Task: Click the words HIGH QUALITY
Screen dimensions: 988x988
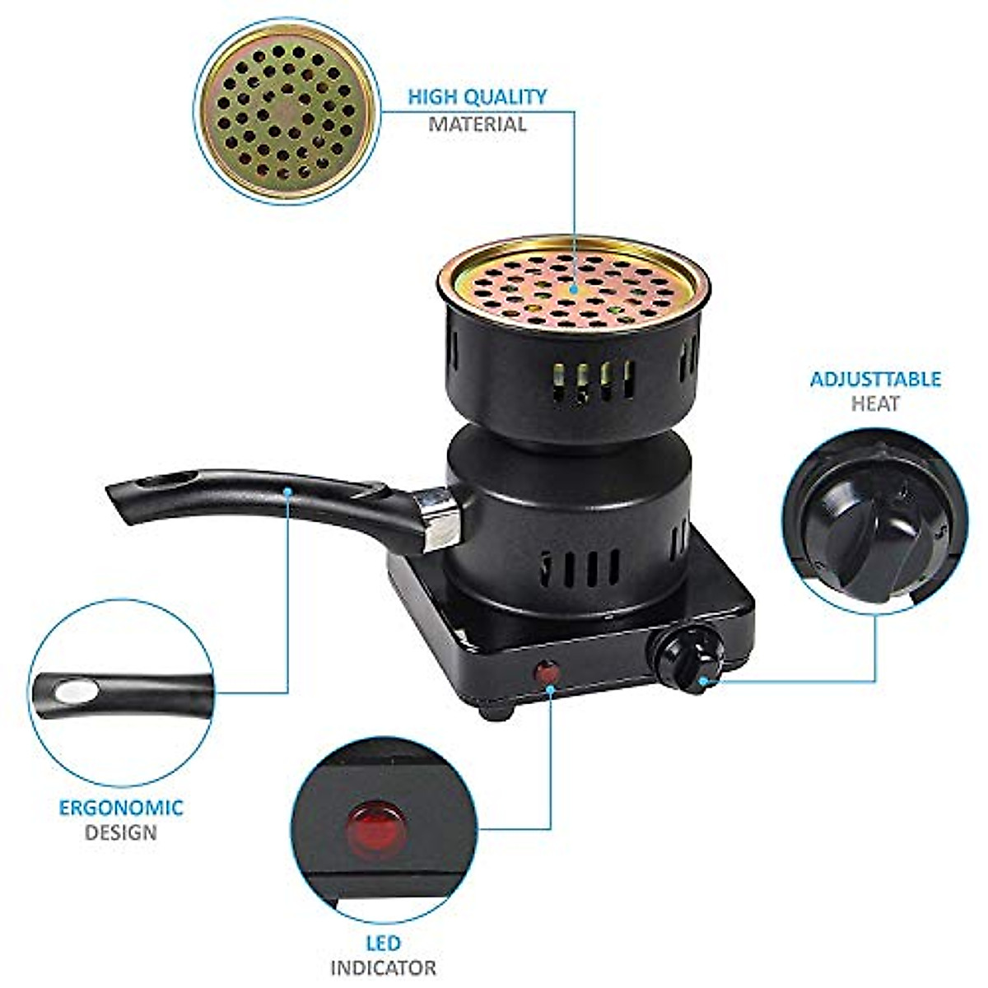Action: pos(478,97)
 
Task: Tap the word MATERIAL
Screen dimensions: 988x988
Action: pos(478,125)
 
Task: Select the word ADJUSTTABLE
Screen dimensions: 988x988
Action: pos(875,380)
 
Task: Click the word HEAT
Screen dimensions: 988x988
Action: pos(876,404)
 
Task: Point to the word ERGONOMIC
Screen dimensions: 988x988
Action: pos(121,807)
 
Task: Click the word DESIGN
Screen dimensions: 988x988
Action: pos(121,832)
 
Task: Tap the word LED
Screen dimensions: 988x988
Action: pos(384,943)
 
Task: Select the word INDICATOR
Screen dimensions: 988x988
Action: pos(384,968)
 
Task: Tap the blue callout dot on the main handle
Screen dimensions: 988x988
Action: pos(288,492)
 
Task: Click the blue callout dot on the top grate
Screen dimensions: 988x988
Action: pos(573,290)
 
